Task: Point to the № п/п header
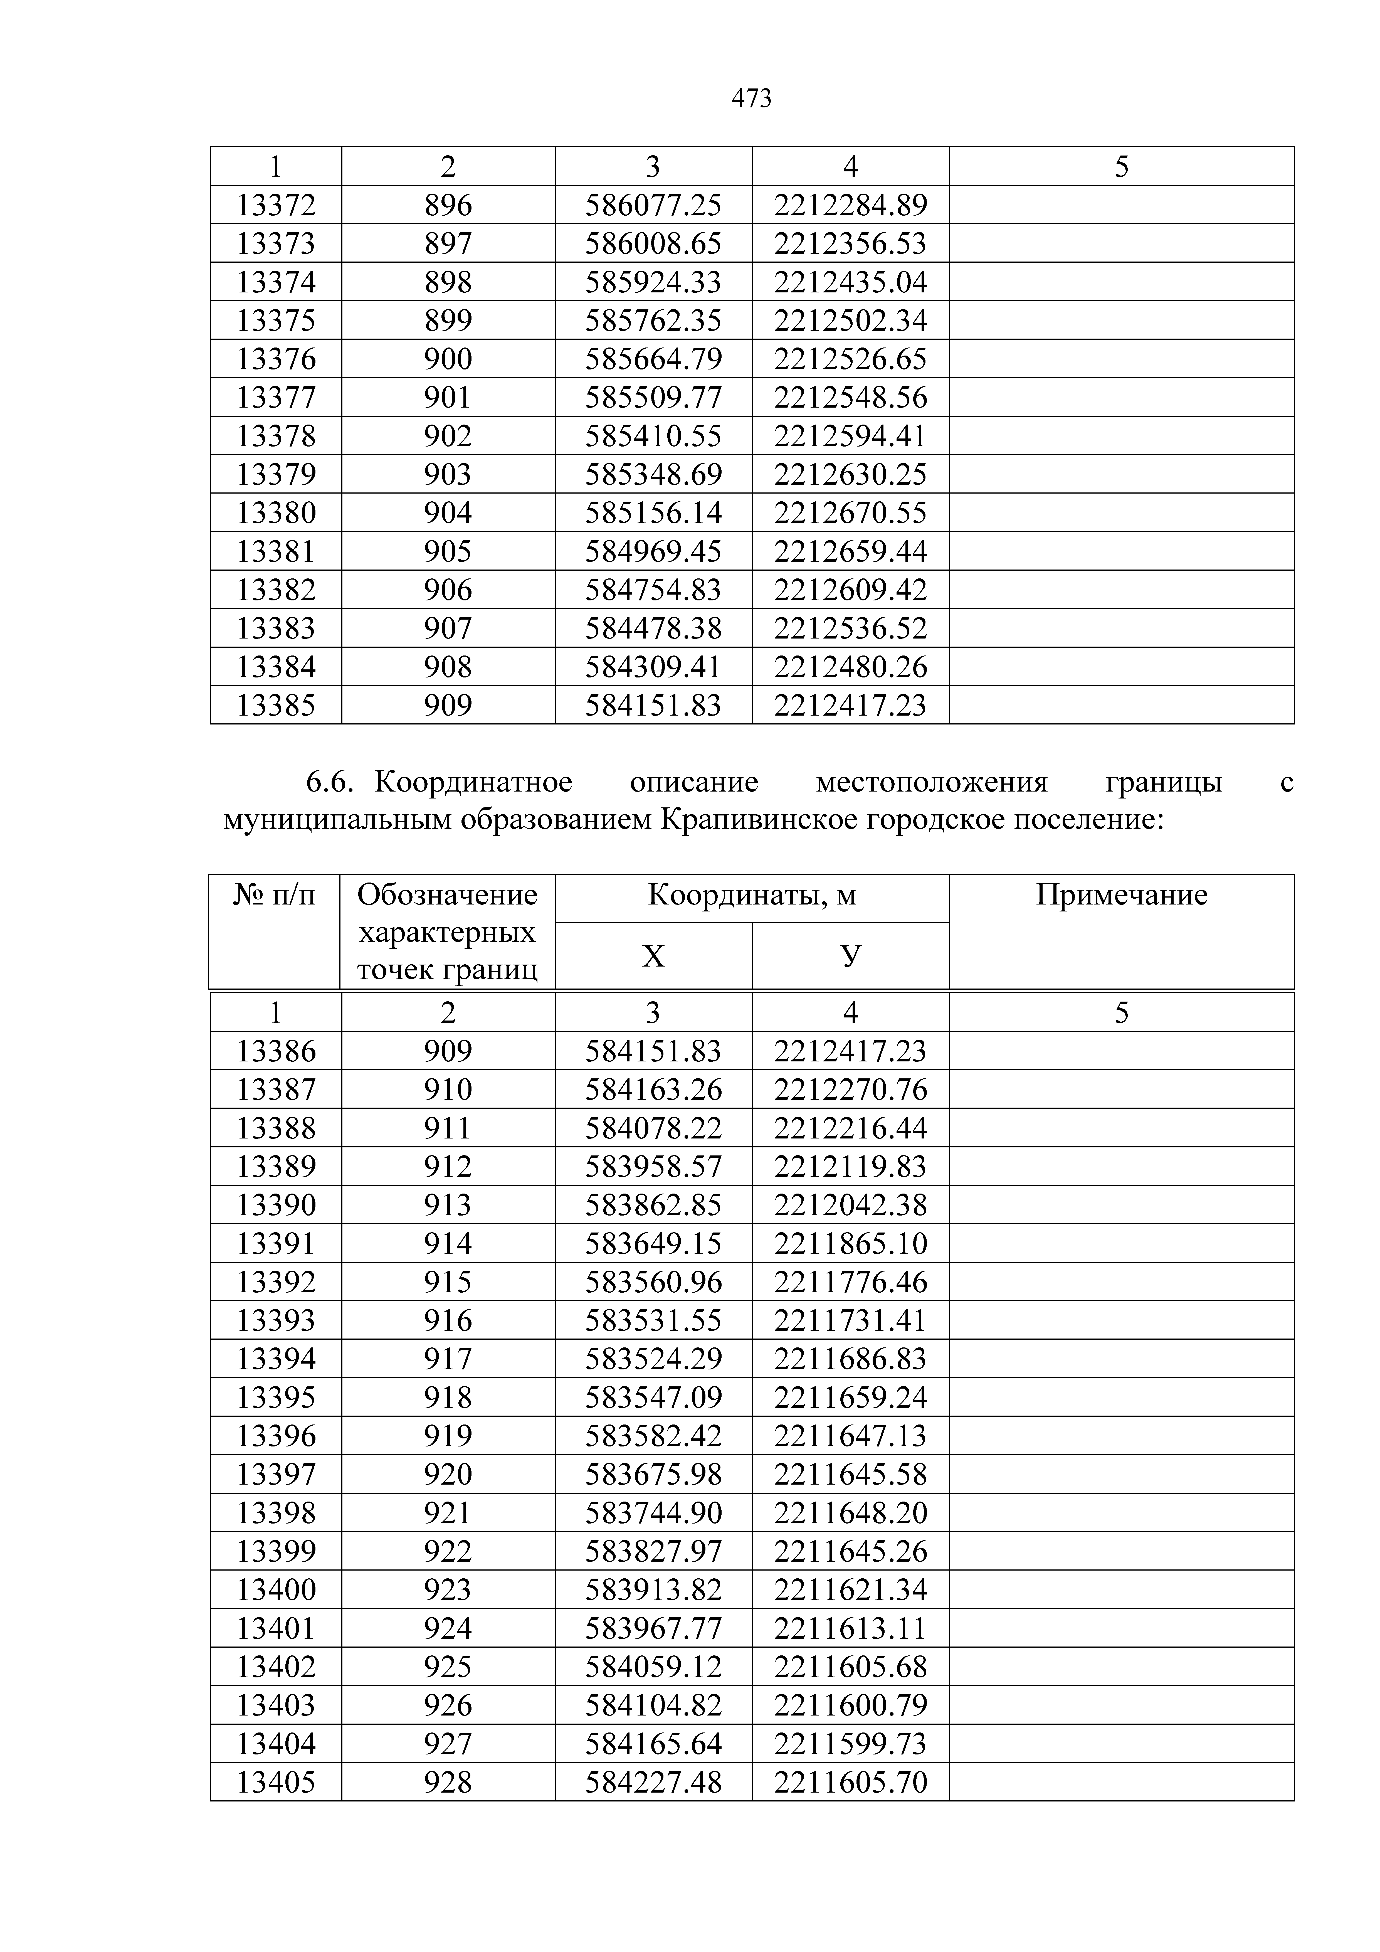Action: pos(274,895)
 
